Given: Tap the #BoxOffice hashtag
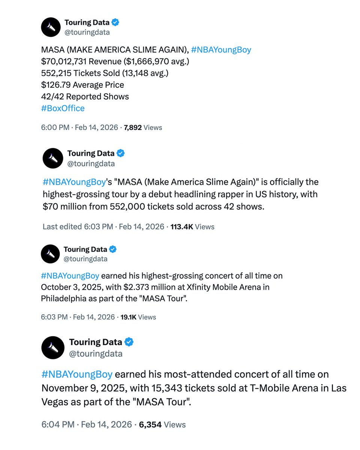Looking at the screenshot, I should pos(63,108).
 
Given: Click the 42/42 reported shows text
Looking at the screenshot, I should pos(52,97).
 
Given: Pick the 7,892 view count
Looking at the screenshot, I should pos(133,127).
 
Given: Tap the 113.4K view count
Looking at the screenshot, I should pos(181,226).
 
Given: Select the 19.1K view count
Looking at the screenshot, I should pos(128,317).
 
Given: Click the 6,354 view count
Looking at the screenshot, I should pos(150,424).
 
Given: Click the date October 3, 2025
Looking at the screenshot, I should pos(69,287).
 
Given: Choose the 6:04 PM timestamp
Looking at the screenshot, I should pos(58,424).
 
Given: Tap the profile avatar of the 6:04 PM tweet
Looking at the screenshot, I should pos(53,348).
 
